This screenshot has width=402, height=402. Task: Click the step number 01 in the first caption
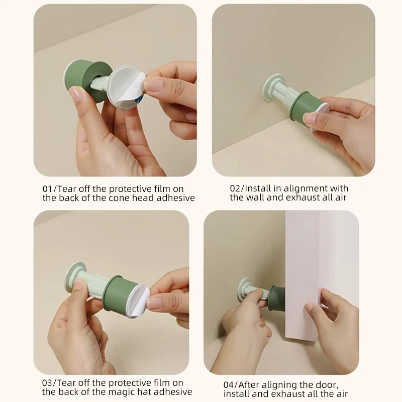[x=48, y=188]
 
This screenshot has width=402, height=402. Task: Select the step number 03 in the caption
[x=48, y=383]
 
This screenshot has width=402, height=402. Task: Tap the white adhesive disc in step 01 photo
[x=126, y=88]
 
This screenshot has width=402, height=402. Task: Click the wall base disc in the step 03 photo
[x=76, y=276]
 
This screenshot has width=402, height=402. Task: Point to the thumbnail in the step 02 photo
[x=311, y=118]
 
